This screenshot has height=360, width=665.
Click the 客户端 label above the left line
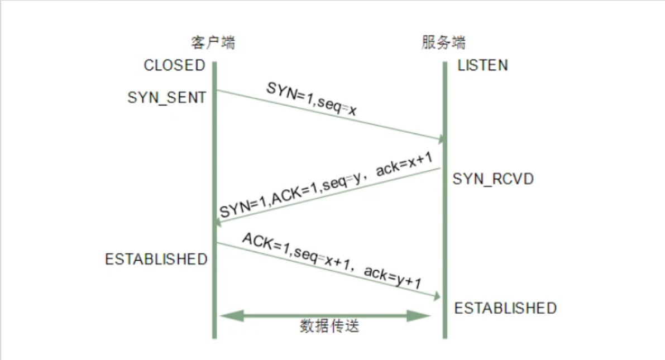coord(213,42)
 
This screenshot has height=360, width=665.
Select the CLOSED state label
coord(175,65)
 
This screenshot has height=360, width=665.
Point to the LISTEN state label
coord(482,65)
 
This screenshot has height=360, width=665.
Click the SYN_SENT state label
coord(166,98)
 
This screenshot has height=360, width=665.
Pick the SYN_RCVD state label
coord(493,179)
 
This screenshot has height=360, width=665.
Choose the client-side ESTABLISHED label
coord(156,260)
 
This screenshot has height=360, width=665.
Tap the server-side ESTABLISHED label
coord(505,308)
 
